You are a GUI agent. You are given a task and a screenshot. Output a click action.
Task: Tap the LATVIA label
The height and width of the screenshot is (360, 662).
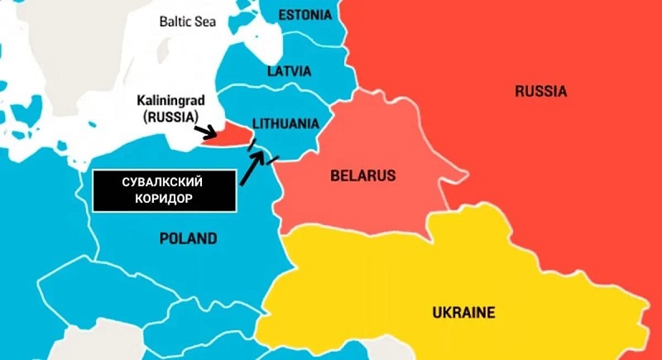(x=290, y=71)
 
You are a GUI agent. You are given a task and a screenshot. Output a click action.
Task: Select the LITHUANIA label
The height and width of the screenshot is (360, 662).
(x=285, y=123)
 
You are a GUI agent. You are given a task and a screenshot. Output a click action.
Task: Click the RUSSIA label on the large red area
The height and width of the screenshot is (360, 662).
(x=540, y=91)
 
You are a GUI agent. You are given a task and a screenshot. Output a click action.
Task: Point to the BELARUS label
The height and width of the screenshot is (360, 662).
(x=362, y=175)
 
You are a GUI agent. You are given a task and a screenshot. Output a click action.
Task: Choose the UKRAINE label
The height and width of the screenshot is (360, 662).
(x=463, y=312)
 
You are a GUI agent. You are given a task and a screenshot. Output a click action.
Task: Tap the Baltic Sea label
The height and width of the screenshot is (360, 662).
(x=187, y=21)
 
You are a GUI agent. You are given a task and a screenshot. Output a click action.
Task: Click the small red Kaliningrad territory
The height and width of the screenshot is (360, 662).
(x=234, y=137)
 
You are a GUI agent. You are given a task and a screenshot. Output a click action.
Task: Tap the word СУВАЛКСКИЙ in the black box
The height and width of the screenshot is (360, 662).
(x=162, y=182)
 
